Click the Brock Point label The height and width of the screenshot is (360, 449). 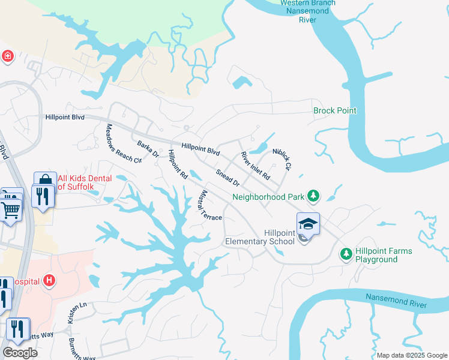pos(335,110)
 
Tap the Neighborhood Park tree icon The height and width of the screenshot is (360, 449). pos(312,196)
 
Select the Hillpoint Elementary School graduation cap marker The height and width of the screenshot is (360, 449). pos(308,224)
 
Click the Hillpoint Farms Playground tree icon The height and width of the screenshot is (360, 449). pos(346,254)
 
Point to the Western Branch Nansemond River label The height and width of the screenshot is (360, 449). pos(308,11)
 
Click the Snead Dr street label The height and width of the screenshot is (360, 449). pos(228,178)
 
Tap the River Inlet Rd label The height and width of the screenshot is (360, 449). pos(256,167)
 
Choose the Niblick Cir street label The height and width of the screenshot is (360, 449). pos(282,159)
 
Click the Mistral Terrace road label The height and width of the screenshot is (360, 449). pos(209,205)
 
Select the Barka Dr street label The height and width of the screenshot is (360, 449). pos(147,149)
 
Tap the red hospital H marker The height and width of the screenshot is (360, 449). pos(50,280)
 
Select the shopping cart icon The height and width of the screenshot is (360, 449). pos(10,210)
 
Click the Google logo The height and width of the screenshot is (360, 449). pos(20,353)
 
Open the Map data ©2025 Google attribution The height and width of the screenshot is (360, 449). pos(412,355)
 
